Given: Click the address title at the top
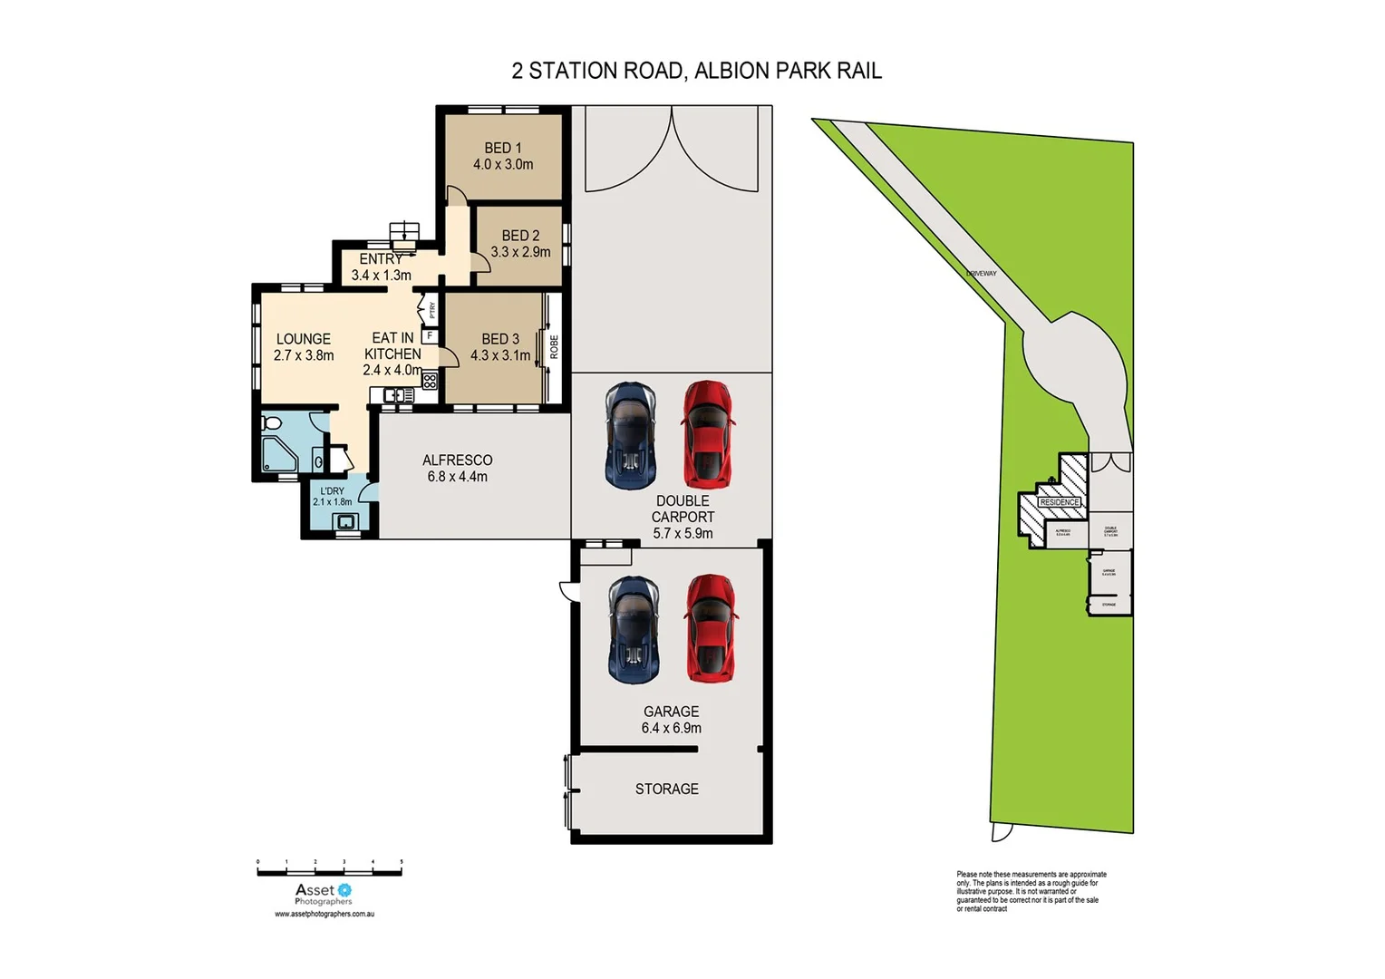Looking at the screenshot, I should pyautogui.click(x=696, y=71).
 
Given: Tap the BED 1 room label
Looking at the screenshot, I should pyautogui.click(x=502, y=148).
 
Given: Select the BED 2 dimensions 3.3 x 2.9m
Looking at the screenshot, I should pyautogui.click(x=520, y=252).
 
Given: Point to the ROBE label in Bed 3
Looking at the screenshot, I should pyautogui.click(x=554, y=347).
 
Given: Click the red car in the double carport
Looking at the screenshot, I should pyautogui.click(x=708, y=434).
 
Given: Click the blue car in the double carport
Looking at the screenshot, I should pyautogui.click(x=630, y=435).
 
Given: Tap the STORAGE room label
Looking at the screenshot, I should pyautogui.click(x=666, y=789).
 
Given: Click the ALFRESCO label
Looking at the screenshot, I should pyautogui.click(x=457, y=460).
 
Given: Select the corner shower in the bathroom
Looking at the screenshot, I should pyautogui.click(x=276, y=454).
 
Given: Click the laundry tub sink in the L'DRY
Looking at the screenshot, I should pyautogui.click(x=344, y=521).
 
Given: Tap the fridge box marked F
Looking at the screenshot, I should pyautogui.click(x=430, y=336).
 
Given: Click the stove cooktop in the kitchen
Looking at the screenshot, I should pyautogui.click(x=429, y=381).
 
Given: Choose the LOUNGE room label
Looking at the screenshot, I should pyautogui.click(x=303, y=339).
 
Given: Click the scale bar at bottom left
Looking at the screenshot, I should pyautogui.click(x=329, y=870).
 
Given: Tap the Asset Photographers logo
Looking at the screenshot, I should pyautogui.click(x=324, y=894).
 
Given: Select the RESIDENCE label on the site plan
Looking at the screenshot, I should pyautogui.click(x=1059, y=502).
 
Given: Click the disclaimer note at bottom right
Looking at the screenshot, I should pyautogui.click(x=1031, y=891).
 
